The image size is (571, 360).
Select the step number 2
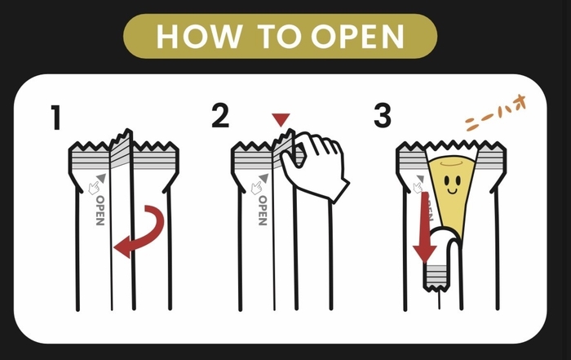click(219, 117)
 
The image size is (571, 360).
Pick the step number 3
click(383, 117)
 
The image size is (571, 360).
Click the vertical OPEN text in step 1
click(100, 210)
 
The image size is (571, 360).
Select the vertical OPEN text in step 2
click(262, 210)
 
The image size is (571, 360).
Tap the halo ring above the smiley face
click(454, 162)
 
